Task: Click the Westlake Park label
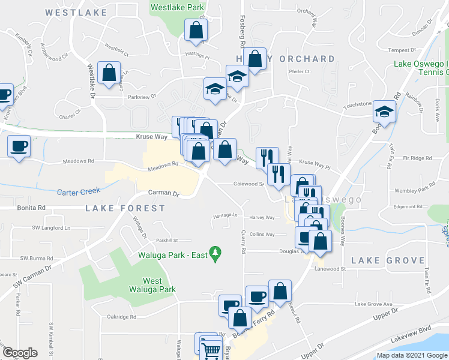pos(178,8)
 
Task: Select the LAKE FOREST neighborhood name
pos(125,208)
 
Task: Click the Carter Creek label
pos(77,192)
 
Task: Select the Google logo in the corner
pos(20,353)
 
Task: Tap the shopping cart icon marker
pos(211,349)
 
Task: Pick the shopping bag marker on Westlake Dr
pos(109,73)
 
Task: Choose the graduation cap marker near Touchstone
pos(384,112)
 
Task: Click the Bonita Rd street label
pos(33,208)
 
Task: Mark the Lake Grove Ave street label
pos(373,304)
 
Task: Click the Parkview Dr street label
pos(142,96)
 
